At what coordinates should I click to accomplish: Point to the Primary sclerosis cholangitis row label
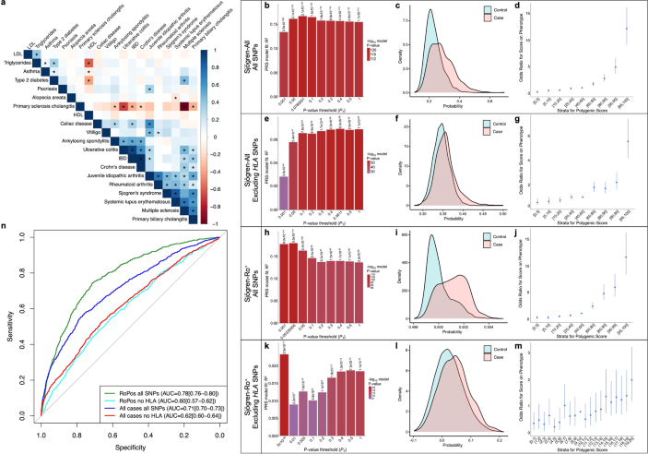pos(61,105)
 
